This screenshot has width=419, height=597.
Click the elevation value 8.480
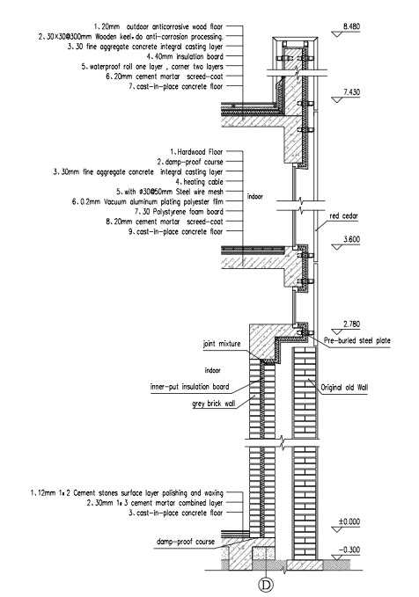(x=351, y=26)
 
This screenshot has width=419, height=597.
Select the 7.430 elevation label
(x=351, y=92)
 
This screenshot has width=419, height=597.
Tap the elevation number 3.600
(x=351, y=239)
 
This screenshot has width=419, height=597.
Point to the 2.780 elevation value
(x=351, y=324)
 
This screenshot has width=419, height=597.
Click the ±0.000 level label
(x=349, y=521)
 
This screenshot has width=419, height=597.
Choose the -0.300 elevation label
(x=349, y=550)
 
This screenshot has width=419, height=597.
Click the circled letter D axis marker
(x=265, y=585)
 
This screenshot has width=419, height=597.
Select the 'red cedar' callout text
(x=344, y=216)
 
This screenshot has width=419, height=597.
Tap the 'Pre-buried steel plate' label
(x=357, y=340)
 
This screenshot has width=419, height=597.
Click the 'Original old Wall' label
(x=344, y=388)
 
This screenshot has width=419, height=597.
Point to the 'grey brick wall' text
(x=214, y=404)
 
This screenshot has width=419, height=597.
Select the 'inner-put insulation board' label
(x=189, y=387)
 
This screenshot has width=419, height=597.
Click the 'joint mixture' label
(x=222, y=344)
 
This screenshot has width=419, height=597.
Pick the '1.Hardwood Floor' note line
(x=196, y=152)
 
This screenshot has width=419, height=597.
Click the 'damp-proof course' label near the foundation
(x=186, y=542)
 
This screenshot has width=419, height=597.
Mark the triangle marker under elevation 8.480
(x=337, y=34)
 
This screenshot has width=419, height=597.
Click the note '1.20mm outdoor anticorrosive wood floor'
(x=158, y=26)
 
